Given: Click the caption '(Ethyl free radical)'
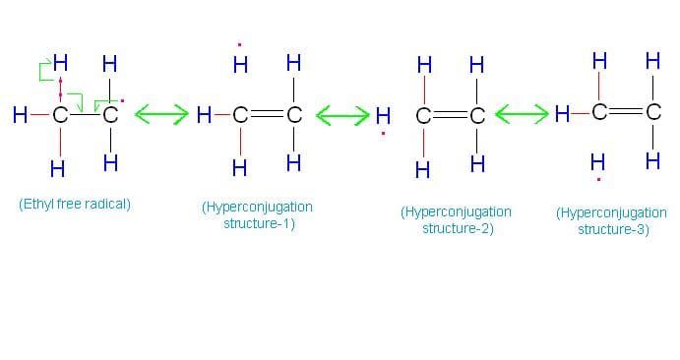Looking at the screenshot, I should tap(75, 205).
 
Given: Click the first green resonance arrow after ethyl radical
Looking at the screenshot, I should tap(160, 116).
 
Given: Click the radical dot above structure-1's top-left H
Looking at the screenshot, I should tap(239, 44).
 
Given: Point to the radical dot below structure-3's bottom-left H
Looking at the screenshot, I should tap(598, 180).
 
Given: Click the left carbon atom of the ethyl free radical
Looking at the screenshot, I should tap(59, 116).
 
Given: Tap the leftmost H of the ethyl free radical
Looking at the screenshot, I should tap(19, 116).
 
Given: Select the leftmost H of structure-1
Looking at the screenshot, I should tap(204, 116).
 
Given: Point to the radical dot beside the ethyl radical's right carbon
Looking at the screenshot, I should tap(122, 101).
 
